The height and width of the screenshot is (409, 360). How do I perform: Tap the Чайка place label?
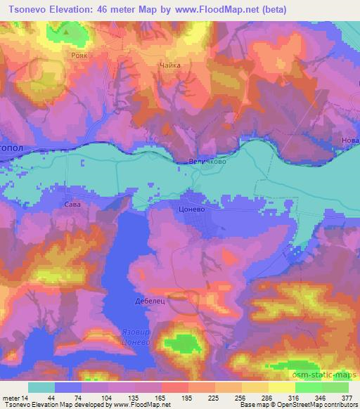pos(170,65)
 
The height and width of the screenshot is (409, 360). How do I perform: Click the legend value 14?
pos(28,397)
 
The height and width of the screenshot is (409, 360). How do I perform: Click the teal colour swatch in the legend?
pos(41,387)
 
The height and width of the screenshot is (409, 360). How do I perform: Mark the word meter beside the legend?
pos(11,397)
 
